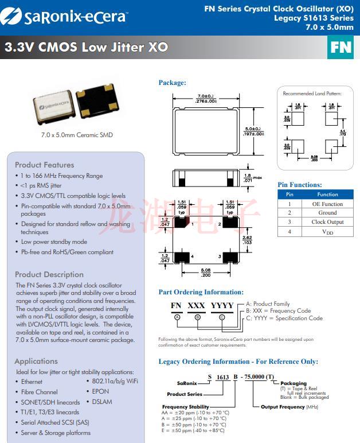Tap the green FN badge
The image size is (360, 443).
pyautogui.click(x=340, y=47)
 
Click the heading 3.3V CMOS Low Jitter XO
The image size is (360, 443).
pyautogui.click(x=86, y=47)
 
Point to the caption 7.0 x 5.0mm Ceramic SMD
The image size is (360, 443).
pyautogui.click(x=77, y=135)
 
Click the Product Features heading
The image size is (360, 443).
pyautogui.click(x=44, y=165)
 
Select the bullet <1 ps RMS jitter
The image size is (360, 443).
pyautogui.click(x=41, y=186)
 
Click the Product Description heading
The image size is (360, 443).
pyautogui.click(x=49, y=274)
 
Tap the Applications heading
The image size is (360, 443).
pyautogui.click(x=36, y=361)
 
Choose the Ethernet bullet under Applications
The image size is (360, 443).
pyautogui.click(x=32, y=382)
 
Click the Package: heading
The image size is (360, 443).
pyautogui.click(x=172, y=83)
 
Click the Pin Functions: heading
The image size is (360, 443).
pyautogui.click(x=300, y=185)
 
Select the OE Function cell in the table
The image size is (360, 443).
pyautogui.click(x=327, y=204)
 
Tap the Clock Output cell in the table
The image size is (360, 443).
pyautogui.click(x=327, y=222)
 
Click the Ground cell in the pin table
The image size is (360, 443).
pyautogui.click(x=327, y=213)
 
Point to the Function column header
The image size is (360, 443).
pyautogui.click(x=327, y=195)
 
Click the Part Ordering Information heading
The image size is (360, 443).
pyautogui.click(x=201, y=292)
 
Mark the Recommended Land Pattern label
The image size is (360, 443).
pyautogui.click(x=312, y=93)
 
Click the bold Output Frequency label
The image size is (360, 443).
pyautogui.click(x=283, y=407)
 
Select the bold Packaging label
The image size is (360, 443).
pyautogui.click(x=293, y=383)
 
